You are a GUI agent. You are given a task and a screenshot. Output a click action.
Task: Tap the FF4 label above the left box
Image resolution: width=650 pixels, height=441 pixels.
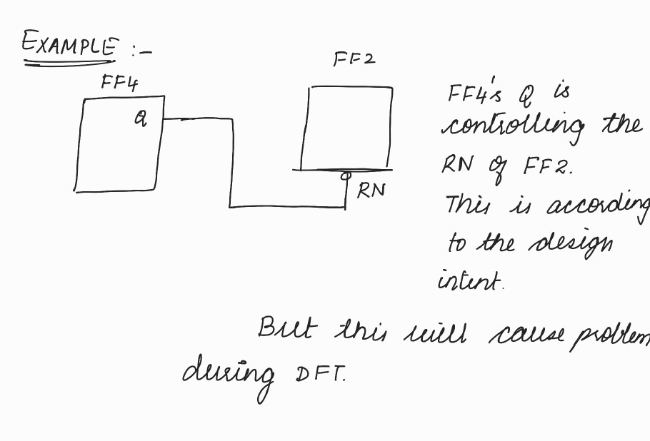tap(119, 83)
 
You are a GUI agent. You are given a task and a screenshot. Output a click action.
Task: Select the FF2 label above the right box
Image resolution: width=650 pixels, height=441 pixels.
tap(354, 59)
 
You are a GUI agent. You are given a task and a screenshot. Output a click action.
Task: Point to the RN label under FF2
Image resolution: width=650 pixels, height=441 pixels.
tap(371, 190)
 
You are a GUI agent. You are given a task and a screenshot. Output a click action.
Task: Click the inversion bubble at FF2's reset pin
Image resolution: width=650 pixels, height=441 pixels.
tap(346, 174)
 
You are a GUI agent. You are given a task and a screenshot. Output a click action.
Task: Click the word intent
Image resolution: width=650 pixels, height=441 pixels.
tap(470, 280)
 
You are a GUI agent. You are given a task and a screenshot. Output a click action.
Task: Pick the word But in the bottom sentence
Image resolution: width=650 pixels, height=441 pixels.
tap(277, 329)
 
